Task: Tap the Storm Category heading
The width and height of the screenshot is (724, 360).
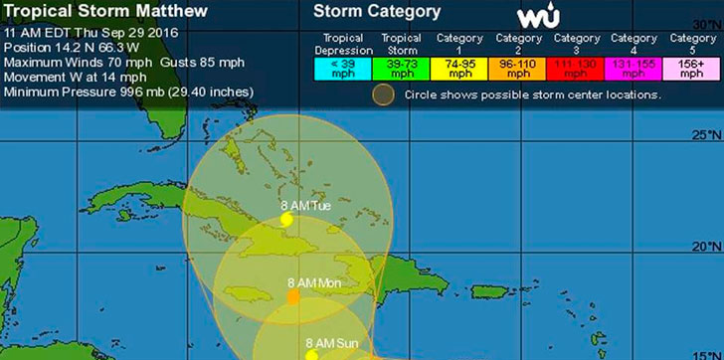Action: click(x=377, y=13)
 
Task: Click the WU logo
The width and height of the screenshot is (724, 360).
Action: click(x=539, y=17)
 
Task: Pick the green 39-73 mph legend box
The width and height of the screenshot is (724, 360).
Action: click(x=403, y=69)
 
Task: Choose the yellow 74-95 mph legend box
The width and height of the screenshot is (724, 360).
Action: click(x=464, y=69)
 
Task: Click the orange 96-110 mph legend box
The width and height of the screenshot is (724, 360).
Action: click(x=526, y=69)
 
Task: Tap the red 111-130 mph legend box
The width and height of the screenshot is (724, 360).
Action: click(x=587, y=69)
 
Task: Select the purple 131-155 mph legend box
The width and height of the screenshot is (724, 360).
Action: click(x=648, y=69)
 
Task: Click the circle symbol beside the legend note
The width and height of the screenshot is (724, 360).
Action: click(x=383, y=95)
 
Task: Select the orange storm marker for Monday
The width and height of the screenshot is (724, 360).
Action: click(x=293, y=296)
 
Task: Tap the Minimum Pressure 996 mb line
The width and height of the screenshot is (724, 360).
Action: click(x=129, y=91)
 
